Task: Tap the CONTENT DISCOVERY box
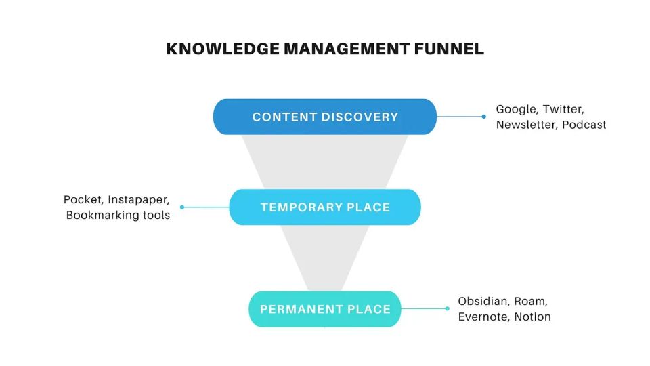click(x=325, y=117)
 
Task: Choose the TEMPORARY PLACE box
click(x=325, y=207)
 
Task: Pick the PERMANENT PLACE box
click(x=325, y=309)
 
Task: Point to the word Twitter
click(x=563, y=110)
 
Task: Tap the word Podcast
click(x=584, y=125)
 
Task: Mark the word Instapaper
click(x=139, y=201)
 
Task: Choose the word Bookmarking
click(x=99, y=216)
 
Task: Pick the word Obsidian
click(x=483, y=302)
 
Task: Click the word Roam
click(x=532, y=302)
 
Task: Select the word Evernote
click(x=483, y=317)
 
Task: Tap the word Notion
click(x=533, y=317)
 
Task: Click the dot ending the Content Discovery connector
click(x=483, y=117)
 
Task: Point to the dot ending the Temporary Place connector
click(x=182, y=207)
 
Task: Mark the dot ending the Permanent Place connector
click(x=447, y=309)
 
